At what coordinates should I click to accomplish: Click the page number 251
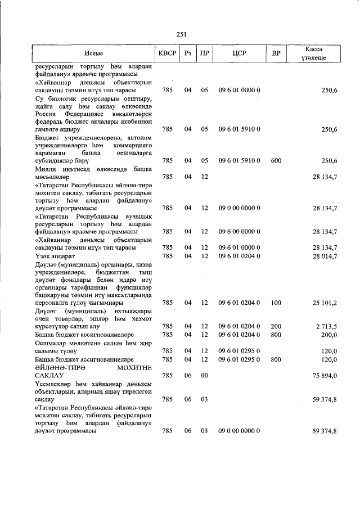tap(181, 34)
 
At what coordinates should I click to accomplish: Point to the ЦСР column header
tap(239, 53)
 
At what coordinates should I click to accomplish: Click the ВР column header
tap(276, 53)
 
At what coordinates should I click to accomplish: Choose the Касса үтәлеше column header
tap(314, 53)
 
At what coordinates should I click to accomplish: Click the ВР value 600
tap(276, 161)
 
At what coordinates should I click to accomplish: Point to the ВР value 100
tap(276, 303)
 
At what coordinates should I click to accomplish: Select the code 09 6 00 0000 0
tap(239, 231)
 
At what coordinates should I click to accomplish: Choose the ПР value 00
tap(205, 375)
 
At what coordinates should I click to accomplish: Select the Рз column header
tap(188, 53)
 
